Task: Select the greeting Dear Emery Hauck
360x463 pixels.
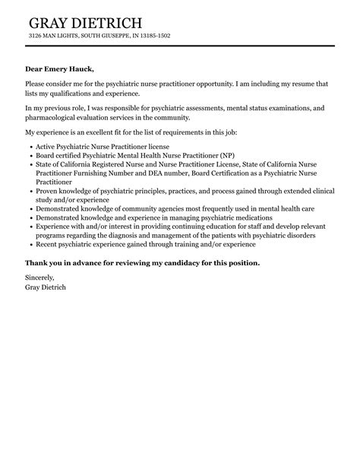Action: [x=60, y=69]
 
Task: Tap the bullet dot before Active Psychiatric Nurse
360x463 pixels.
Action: [x=29, y=145]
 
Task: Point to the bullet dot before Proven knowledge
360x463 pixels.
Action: [x=29, y=192]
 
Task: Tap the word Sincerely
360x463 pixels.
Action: [x=39, y=278]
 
